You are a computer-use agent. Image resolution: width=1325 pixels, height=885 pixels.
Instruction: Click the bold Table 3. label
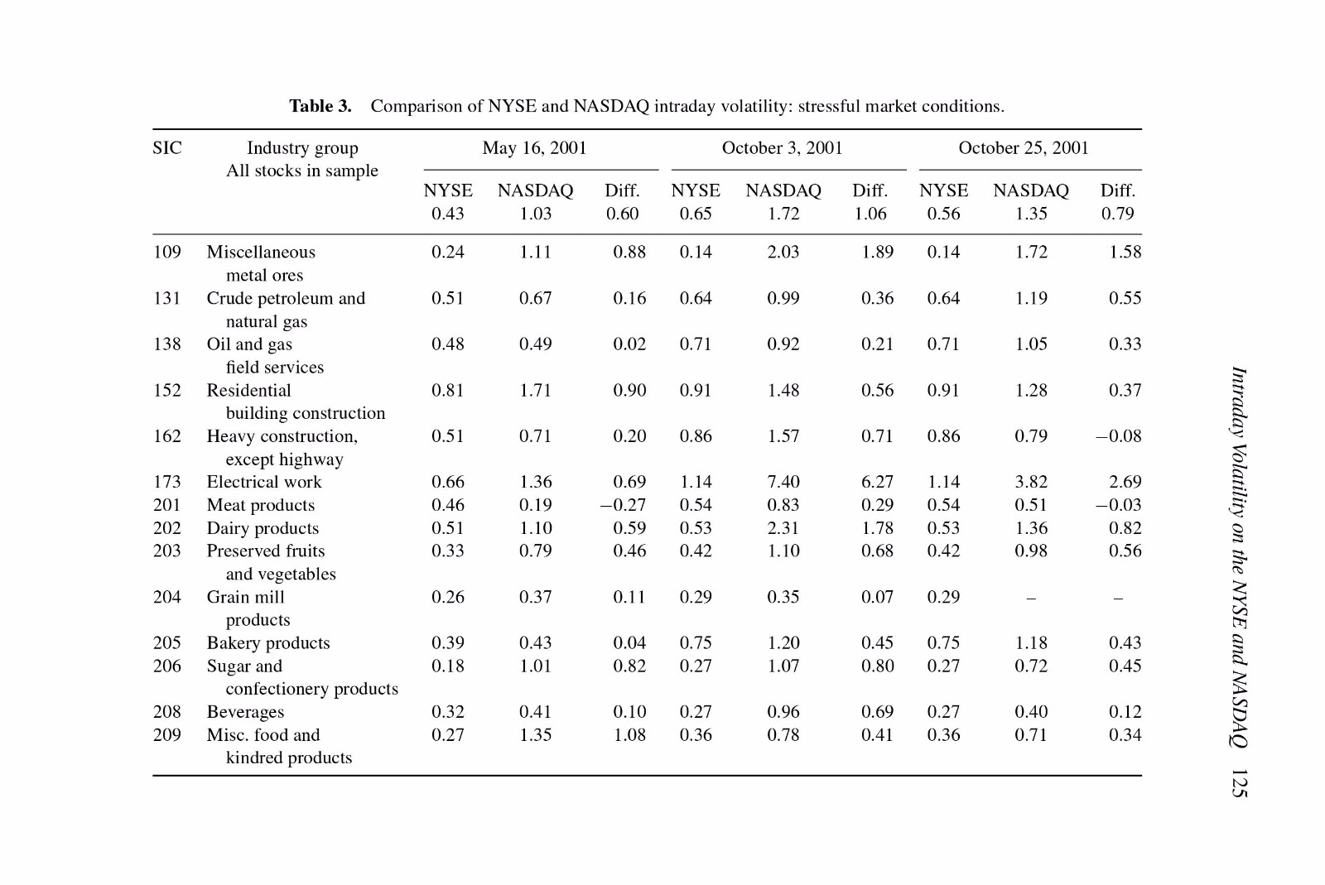tap(320, 107)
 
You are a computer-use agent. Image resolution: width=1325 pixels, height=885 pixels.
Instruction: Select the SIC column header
tap(167, 148)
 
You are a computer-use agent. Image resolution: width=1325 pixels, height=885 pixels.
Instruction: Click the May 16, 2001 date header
tap(534, 148)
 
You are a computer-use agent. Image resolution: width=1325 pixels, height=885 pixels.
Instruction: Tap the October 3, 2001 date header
tap(782, 148)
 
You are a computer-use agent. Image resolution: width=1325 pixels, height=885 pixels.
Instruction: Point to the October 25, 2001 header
tap(1024, 148)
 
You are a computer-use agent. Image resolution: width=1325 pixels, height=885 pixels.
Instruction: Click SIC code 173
tap(167, 482)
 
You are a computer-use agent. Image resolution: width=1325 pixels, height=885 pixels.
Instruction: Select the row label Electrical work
tap(264, 482)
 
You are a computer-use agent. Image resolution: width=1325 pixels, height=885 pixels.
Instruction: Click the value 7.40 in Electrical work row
tap(783, 482)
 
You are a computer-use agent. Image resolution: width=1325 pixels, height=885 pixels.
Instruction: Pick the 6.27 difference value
tap(877, 482)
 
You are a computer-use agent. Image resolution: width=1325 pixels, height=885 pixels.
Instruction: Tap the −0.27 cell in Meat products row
tap(623, 505)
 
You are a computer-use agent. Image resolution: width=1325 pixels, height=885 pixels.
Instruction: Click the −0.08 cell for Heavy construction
tap(1118, 436)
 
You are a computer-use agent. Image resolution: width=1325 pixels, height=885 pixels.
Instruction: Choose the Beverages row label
tap(245, 712)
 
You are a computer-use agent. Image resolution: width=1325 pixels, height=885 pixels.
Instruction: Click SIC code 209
tap(167, 735)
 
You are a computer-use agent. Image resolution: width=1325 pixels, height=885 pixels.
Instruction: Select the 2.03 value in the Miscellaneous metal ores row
tap(783, 253)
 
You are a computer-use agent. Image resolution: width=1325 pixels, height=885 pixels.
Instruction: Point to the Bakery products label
tap(268, 642)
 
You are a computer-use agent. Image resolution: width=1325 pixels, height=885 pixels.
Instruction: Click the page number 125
tap(1239, 784)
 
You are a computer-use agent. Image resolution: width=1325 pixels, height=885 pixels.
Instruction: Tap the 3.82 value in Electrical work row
tap(1031, 482)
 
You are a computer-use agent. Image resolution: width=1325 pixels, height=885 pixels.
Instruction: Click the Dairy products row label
tap(263, 528)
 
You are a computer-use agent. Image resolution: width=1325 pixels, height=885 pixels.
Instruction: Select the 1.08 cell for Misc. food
tap(629, 735)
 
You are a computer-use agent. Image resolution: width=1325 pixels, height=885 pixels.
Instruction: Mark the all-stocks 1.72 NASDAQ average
tap(783, 214)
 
